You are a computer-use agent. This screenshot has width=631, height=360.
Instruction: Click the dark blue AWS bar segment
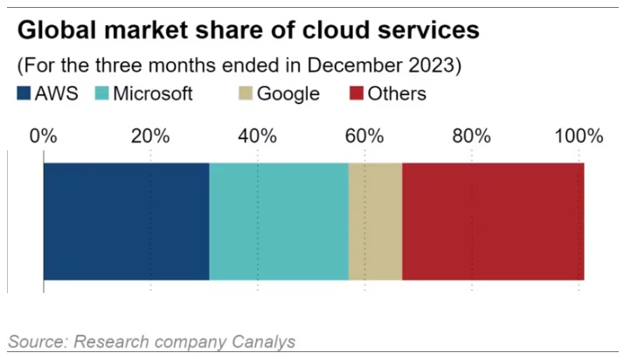[126, 222]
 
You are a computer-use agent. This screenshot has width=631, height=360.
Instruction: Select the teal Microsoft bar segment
[279, 222]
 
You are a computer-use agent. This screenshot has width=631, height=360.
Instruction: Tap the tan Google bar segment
[375, 222]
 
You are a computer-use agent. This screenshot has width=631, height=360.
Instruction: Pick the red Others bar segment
[493, 222]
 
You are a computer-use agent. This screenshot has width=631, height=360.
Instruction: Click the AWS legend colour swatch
[24, 93]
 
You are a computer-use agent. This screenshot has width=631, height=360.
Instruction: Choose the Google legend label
[288, 93]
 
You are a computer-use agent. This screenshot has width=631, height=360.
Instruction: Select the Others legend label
[397, 93]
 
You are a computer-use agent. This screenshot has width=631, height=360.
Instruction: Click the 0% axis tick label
[43, 136]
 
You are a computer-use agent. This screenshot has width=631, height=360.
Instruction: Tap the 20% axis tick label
[150, 136]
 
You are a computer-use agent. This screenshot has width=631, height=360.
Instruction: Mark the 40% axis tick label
[257, 136]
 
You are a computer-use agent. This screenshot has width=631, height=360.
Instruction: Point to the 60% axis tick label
[364, 136]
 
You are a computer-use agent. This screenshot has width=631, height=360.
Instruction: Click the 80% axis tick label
[472, 136]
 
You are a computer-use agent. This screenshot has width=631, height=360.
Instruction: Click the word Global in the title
[55, 31]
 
